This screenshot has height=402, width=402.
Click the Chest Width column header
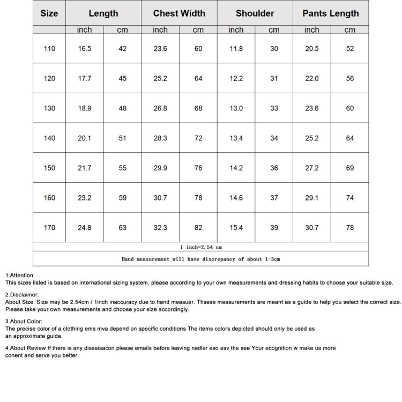click(179, 13)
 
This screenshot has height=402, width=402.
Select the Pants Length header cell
click(330, 13)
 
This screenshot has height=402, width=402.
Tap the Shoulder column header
click(255, 13)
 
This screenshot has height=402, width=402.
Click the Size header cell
click(49, 13)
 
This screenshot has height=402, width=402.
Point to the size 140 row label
click(49, 138)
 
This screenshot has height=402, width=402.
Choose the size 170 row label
click(49, 228)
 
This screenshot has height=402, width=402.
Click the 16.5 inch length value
click(85, 49)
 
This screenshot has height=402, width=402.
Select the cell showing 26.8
click(160, 108)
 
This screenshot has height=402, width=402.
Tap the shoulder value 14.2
click(236, 168)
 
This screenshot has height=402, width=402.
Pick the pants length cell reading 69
click(350, 168)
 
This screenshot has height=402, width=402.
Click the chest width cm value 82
click(198, 228)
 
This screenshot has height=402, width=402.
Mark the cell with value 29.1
click(311, 198)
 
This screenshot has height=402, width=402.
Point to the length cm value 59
click(123, 198)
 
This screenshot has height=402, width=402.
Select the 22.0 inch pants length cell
click(311, 79)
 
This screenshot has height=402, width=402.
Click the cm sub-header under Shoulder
click(274, 30)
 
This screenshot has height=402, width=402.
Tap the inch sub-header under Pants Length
click(311, 30)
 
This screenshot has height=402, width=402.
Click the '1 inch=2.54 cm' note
click(200, 247)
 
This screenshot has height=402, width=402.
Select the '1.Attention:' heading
click(20, 276)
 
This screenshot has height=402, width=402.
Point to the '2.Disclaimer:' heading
click(22, 295)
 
